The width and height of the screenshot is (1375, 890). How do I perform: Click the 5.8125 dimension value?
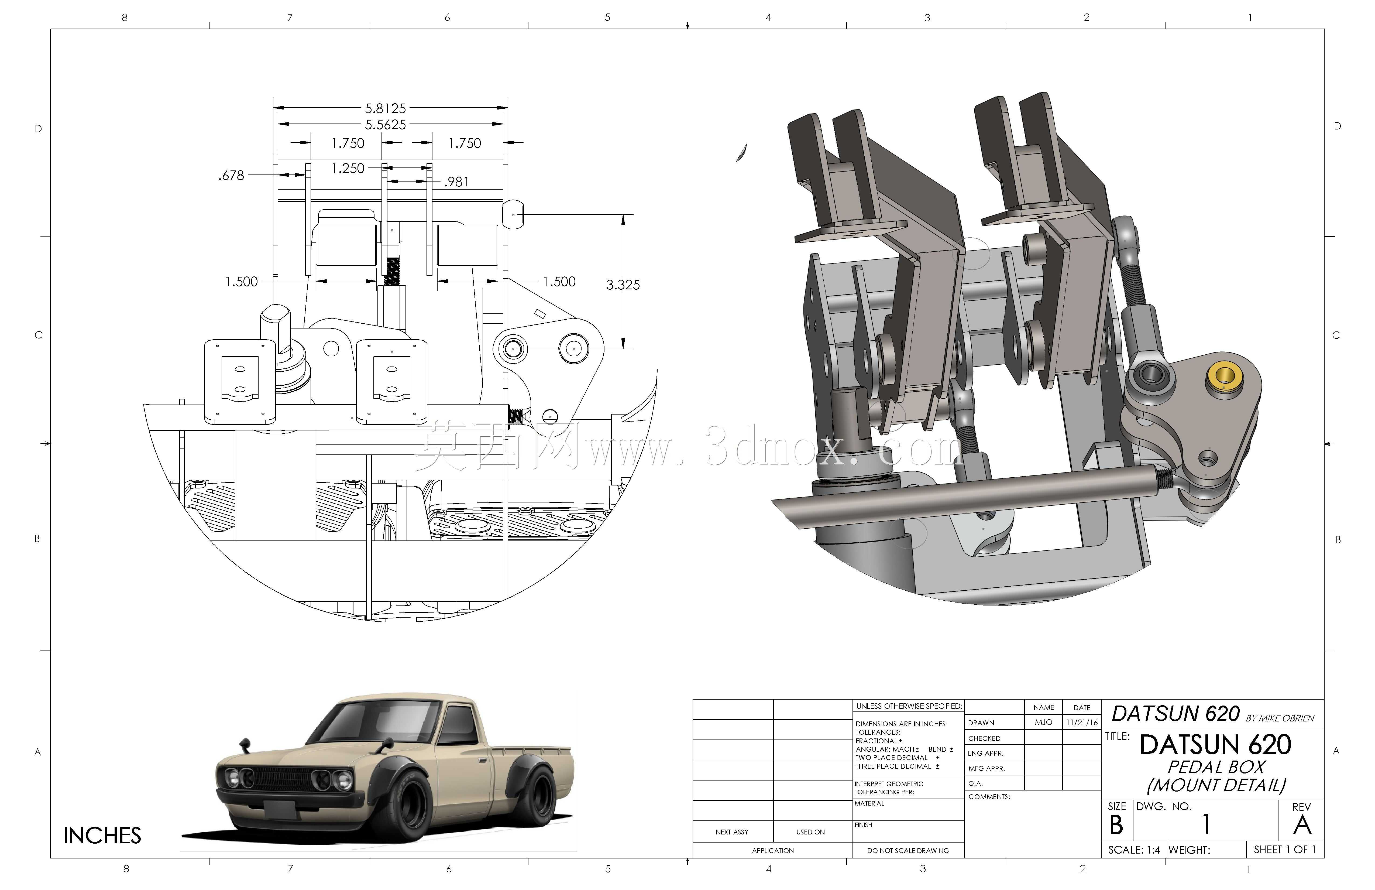click(x=385, y=108)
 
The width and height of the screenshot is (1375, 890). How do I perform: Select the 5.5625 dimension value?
click(x=385, y=124)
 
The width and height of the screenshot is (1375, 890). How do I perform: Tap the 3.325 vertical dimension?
click(x=623, y=284)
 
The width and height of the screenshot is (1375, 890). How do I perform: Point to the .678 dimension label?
click(x=231, y=175)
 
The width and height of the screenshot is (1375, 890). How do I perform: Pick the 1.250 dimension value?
click(x=348, y=168)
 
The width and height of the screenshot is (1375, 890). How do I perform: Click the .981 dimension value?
click(x=456, y=182)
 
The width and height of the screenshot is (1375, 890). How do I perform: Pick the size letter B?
click(x=1116, y=825)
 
